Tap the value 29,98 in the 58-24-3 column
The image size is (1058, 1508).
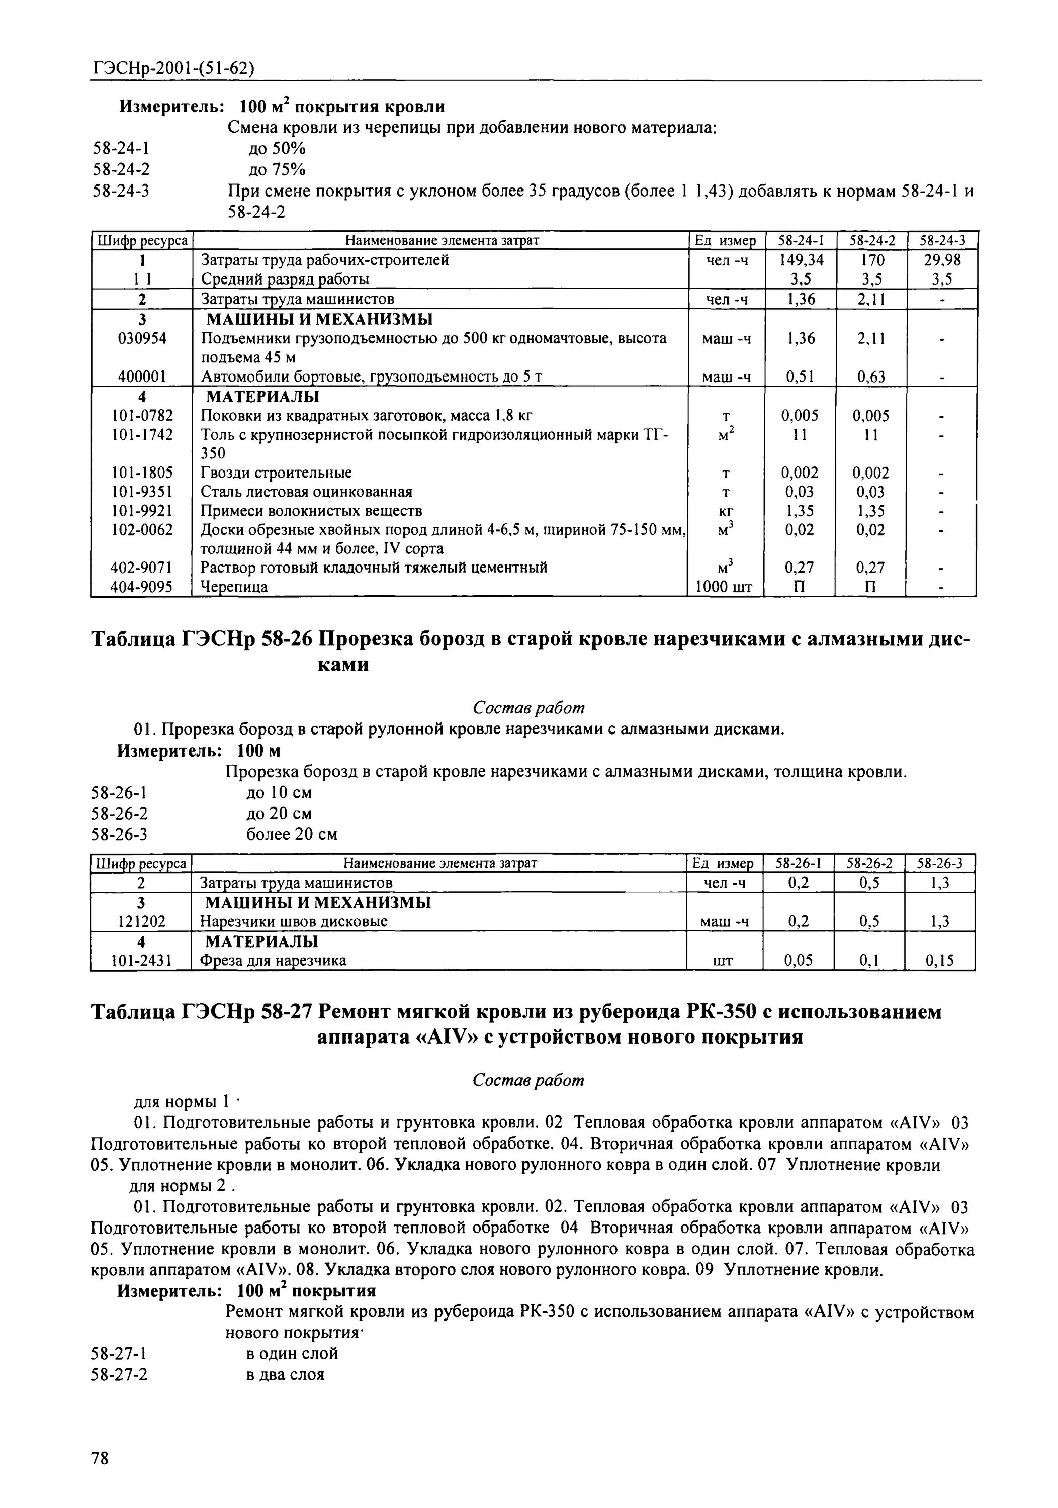tap(942, 260)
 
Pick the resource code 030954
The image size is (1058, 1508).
tap(142, 338)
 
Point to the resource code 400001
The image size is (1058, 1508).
tap(142, 377)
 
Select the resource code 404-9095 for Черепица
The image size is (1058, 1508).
tap(142, 587)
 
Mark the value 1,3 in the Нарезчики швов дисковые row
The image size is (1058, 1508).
tap(940, 921)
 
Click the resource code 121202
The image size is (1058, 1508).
tap(142, 921)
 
